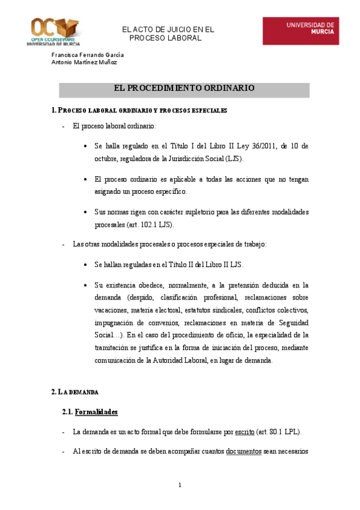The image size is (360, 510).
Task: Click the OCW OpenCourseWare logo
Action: [x=55, y=31]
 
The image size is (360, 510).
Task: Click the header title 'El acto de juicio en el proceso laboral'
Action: [x=168, y=34]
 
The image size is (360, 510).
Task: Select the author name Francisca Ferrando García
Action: [x=88, y=54]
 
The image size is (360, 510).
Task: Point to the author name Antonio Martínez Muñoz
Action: [x=84, y=62]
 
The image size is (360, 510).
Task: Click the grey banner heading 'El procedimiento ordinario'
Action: [x=184, y=88]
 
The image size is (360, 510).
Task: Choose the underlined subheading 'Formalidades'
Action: [x=96, y=412]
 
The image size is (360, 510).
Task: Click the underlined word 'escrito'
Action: [x=245, y=432]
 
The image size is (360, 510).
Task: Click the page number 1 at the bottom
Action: [x=180, y=485]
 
